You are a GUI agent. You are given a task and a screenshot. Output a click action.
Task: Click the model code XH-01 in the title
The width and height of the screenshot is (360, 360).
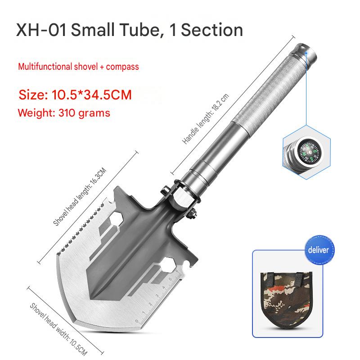(x=41, y=30)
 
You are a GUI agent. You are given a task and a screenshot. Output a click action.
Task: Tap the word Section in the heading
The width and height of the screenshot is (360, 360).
(x=212, y=30)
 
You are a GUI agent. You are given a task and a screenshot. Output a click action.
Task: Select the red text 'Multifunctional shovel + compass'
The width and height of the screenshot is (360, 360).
(x=78, y=67)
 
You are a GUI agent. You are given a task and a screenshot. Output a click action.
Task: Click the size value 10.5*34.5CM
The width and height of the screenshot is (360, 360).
(x=92, y=94)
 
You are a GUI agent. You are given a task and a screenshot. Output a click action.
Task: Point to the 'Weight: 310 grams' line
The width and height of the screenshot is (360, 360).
(x=64, y=113)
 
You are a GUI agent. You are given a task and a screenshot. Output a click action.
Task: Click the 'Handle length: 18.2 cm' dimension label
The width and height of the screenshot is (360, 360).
(x=206, y=119)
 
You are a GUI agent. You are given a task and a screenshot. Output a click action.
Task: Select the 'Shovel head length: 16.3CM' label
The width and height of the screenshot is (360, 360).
(x=80, y=197)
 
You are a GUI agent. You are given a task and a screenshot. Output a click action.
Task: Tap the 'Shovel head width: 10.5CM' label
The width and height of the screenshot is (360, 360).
(x=58, y=329)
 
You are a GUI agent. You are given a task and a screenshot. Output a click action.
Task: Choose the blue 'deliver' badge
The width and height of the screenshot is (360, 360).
(x=319, y=250)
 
